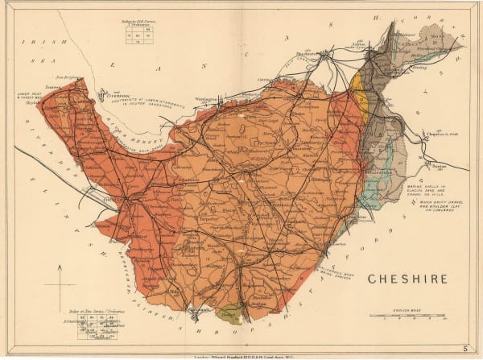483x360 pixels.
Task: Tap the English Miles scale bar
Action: tap(407, 315)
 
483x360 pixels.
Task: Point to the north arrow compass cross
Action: tap(60, 285)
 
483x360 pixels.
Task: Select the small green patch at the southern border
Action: tap(230, 313)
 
